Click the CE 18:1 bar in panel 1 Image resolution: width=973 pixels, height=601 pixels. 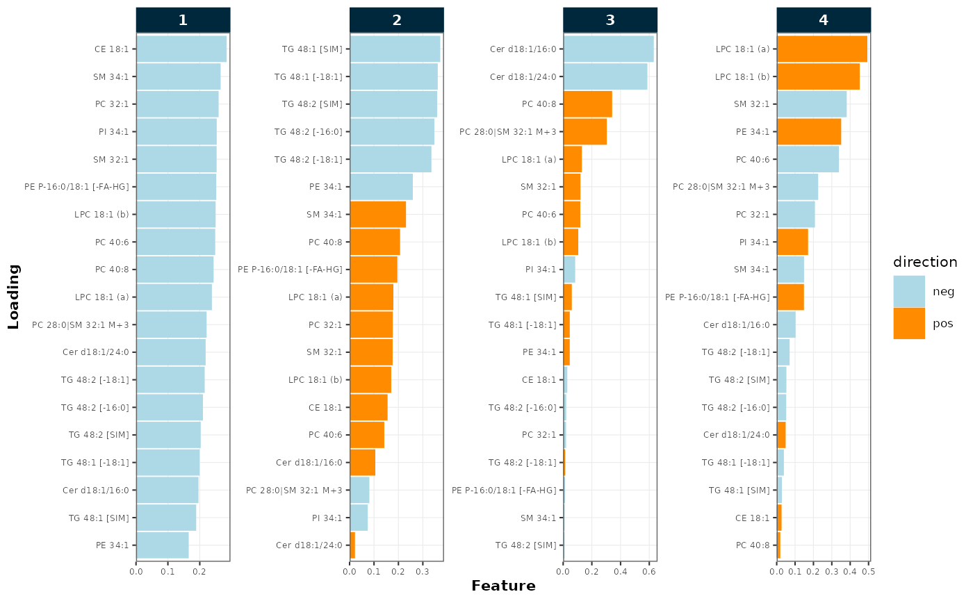[181, 49]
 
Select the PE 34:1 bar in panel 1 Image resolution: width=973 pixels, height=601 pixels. [163, 545]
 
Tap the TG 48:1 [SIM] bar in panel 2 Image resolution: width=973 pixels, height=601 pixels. [395, 49]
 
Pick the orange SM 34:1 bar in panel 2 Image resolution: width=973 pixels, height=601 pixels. [378, 214]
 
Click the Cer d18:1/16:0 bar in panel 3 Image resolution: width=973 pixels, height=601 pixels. [609, 49]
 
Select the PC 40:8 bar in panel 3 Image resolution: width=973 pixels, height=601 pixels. [588, 104]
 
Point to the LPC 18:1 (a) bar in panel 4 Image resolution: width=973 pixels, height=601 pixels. [822, 49]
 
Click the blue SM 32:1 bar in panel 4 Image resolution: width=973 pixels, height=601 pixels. [812, 104]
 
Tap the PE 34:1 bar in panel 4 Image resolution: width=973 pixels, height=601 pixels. [809, 131]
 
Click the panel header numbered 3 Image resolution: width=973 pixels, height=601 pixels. [610, 20]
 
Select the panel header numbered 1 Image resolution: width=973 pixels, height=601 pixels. [183, 20]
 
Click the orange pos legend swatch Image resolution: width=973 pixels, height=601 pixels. [909, 323]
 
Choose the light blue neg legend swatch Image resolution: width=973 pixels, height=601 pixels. [909, 291]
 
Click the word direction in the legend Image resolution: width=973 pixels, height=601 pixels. [925, 262]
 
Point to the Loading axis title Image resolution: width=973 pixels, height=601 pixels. [13, 297]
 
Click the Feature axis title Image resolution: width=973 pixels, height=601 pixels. [503, 586]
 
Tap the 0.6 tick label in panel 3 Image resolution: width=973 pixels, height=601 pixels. [649, 571]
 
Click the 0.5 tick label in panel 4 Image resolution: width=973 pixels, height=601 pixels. [868, 571]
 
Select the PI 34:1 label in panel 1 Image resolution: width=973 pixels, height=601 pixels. [113, 131]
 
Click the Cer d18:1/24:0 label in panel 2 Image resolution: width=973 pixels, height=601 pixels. [309, 545]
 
